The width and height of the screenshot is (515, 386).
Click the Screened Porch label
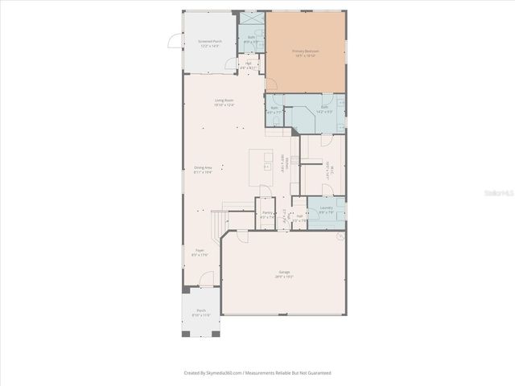click(x=199, y=43)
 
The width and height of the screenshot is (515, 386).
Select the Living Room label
click(x=224, y=102)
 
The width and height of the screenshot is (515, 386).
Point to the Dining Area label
click(x=202, y=170)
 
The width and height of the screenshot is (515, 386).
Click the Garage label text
click(x=285, y=274)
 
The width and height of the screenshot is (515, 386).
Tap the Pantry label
click(x=267, y=215)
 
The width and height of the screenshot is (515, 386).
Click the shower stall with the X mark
click(x=251, y=18)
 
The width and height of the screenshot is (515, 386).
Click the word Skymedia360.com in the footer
click(x=220, y=373)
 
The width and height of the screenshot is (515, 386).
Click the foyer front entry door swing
click(x=208, y=280)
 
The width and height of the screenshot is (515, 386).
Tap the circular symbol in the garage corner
click(x=340, y=237)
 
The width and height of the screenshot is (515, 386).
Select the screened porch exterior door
click(x=172, y=43)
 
